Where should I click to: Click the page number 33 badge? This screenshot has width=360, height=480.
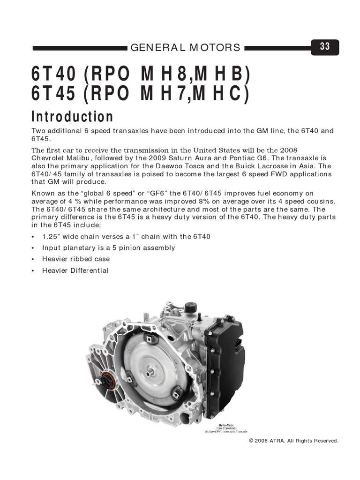tap(325, 46)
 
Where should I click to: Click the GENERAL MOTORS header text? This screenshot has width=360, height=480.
tap(185, 47)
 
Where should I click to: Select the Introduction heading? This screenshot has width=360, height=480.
tap(72, 116)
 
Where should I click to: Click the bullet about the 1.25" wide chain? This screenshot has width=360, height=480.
tap(126, 237)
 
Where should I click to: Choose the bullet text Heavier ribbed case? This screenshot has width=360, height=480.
tap(76, 259)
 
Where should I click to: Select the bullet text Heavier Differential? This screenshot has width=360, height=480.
tap(75, 270)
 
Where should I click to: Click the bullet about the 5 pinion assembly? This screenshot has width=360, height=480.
tap(108, 248)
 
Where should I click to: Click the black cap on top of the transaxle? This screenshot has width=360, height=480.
tap(190, 308)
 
